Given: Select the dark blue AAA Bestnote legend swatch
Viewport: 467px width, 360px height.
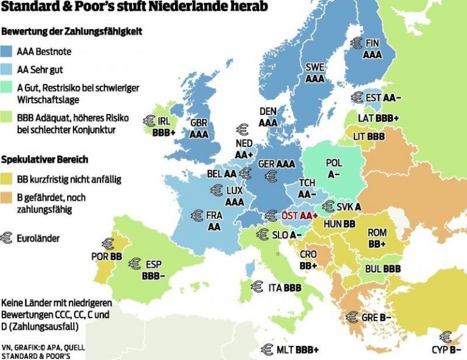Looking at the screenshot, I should pyautogui.click(x=10, y=52).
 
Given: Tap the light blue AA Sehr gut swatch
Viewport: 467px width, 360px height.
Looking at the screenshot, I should pyautogui.click(x=10, y=70).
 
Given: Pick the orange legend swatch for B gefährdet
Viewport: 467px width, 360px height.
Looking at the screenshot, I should pyautogui.click(x=10, y=197).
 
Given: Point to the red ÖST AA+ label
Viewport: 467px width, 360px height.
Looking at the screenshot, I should pyautogui.click(x=300, y=216).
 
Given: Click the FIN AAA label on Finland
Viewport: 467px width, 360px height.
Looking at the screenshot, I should pyautogui.click(x=372, y=49).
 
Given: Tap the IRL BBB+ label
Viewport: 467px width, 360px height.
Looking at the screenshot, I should pyautogui.click(x=164, y=126).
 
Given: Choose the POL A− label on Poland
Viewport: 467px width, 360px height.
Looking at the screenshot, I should pyautogui.click(x=334, y=168).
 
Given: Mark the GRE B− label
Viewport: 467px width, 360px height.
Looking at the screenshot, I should pyautogui.click(x=376, y=317).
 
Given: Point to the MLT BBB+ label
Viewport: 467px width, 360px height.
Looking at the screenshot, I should pyautogui.click(x=297, y=350).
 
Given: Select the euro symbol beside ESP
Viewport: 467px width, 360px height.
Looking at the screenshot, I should pyautogui.click(x=134, y=264).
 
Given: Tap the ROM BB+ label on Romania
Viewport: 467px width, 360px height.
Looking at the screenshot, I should pyautogui.click(x=377, y=238).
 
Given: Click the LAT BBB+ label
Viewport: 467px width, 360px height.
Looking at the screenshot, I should pyautogui.click(x=379, y=117).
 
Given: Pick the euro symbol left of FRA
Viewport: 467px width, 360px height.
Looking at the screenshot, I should pyautogui.click(x=196, y=215).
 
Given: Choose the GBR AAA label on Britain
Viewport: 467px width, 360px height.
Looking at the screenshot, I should pyautogui.click(x=199, y=128).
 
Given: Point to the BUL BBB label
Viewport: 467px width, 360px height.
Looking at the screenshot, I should pyautogui.click(x=383, y=268).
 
